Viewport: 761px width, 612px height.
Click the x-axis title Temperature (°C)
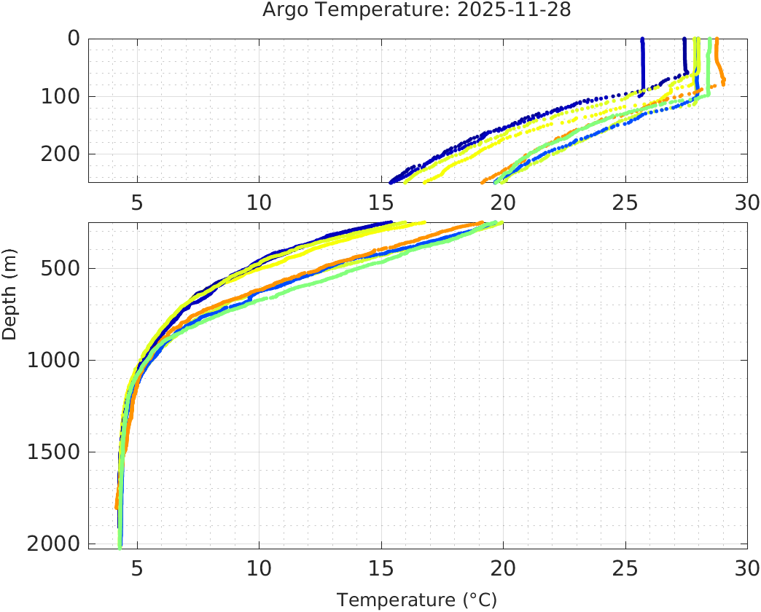coord(416,600)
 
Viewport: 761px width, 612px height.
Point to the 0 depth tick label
coord(74,39)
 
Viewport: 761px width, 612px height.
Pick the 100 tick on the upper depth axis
coord(59,96)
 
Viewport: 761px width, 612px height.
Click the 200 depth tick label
coord(59,154)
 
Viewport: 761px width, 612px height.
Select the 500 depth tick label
coord(59,268)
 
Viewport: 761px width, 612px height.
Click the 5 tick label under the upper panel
coord(137,203)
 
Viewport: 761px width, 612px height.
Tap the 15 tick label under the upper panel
coord(380,203)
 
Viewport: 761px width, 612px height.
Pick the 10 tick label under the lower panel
coord(259,568)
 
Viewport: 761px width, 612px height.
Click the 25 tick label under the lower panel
coord(625,568)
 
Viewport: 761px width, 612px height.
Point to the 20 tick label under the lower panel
coord(503,568)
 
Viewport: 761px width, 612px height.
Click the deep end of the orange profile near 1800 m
coord(117,506)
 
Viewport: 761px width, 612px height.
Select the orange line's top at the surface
coord(717,40)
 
